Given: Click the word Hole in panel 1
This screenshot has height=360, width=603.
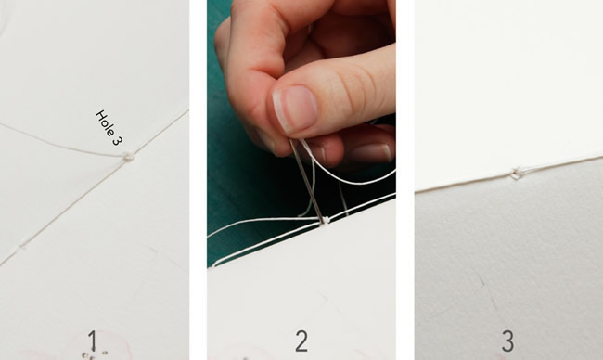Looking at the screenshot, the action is [x=104, y=121].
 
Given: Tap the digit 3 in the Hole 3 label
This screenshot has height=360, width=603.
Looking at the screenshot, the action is [x=117, y=141].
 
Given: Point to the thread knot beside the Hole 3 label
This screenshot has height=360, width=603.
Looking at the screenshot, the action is [x=128, y=157].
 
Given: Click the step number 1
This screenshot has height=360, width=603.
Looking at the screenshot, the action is [x=92, y=341].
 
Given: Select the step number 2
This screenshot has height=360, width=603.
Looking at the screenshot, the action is [x=301, y=341].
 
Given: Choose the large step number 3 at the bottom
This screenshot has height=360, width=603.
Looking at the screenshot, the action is [x=508, y=341].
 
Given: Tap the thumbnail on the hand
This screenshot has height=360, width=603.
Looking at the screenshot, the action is [x=295, y=109].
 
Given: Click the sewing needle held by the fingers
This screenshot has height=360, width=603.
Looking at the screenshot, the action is [x=306, y=181].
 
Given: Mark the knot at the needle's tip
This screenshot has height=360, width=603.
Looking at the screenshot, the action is [x=326, y=221].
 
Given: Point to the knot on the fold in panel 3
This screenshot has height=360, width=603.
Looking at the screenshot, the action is [x=516, y=174].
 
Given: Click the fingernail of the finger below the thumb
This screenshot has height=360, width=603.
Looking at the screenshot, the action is [x=370, y=152].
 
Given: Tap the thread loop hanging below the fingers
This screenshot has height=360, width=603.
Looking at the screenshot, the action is [x=308, y=188].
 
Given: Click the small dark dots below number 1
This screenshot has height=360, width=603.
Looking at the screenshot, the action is [x=94, y=354].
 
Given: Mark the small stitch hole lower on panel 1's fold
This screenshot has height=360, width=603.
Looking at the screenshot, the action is [x=23, y=244].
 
